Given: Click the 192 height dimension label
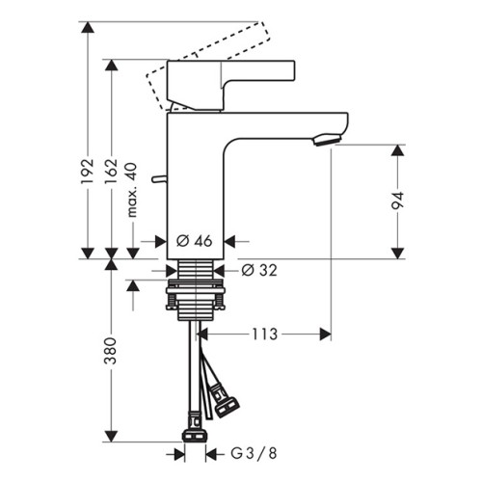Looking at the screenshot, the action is (x=88, y=172).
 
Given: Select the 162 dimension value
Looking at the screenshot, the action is (x=112, y=172).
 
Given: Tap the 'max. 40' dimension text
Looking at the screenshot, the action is (x=132, y=190).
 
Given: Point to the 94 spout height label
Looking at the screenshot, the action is (x=397, y=201).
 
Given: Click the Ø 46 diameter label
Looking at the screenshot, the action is (x=195, y=241).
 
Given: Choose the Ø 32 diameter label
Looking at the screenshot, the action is (x=259, y=271).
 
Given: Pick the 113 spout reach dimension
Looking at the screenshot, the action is (x=264, y=335).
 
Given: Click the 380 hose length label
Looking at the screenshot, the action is (x=111, y=351).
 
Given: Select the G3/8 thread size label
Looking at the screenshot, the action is (x=254, y=453).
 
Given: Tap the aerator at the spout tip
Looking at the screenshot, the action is (x=327, y=140).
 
